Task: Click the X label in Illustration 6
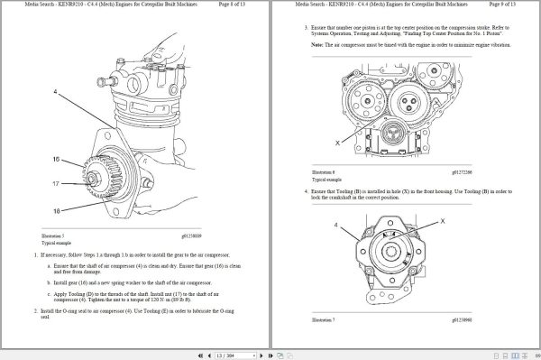coord(338,143)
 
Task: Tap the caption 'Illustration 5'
coord(55,237)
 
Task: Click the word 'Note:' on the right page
coord(318,42)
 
